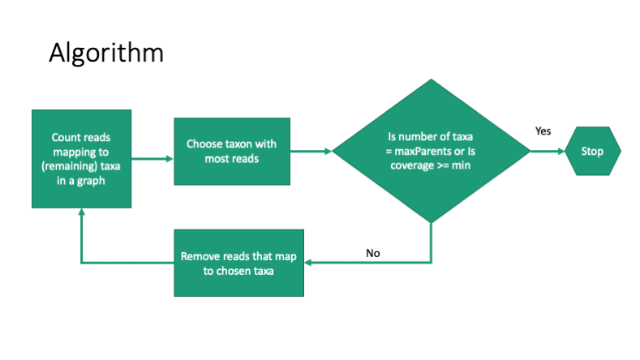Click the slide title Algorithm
(x=105, y=53)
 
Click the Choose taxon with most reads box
(x=232, y=151)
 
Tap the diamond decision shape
(x=430, y=151)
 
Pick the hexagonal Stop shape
(x=592, y=151)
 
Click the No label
(x=372, y=253)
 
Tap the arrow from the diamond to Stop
(x=547, y=151)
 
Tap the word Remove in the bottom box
(x=200, y=257)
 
